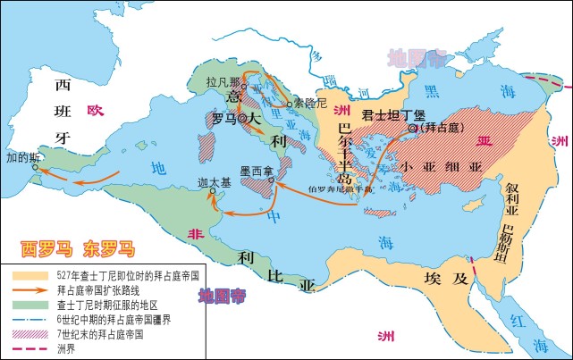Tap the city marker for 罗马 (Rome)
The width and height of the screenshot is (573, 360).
[240, 118]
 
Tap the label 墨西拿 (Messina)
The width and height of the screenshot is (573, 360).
[256, 170]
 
